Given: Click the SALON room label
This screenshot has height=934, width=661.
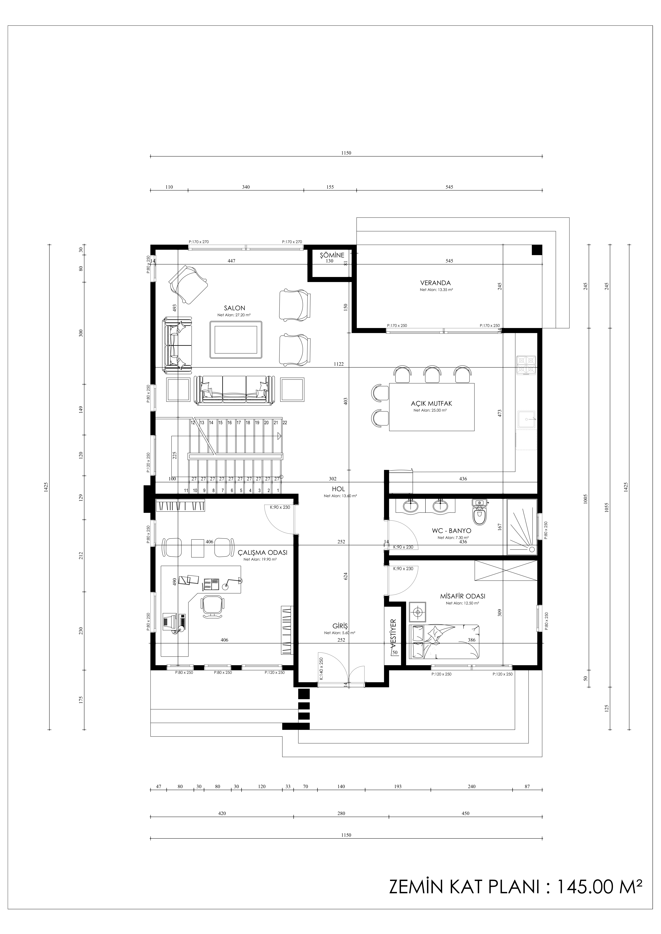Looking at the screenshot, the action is [x=234, y=308].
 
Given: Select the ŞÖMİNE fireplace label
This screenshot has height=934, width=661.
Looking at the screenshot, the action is [x=332, y=255].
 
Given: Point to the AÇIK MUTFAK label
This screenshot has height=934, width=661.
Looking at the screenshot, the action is [x=431, y=404].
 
